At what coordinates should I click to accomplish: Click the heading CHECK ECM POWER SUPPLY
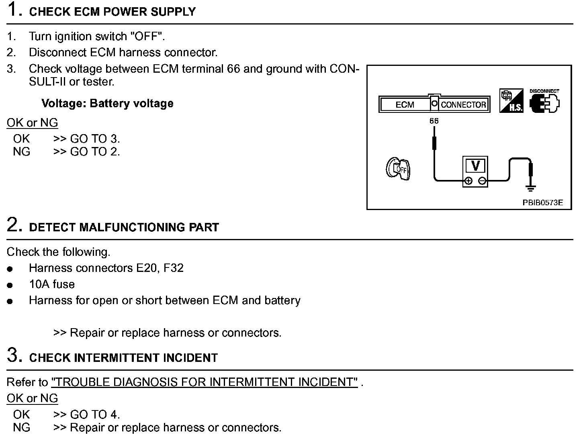tap(112, 12)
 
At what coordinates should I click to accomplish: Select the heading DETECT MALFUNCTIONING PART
tap(124, 227)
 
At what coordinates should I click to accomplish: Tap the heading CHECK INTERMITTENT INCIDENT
tap(123, 358)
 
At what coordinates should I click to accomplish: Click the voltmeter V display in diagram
tap(475, 166)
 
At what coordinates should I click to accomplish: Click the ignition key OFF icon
tap(398, 169)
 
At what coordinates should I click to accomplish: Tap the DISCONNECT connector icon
tap(544, 102)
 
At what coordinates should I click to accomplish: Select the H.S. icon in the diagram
tap(511, 101)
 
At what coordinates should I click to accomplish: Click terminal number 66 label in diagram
tap(434, 121)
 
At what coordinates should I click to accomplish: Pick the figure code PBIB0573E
tap(542, 203)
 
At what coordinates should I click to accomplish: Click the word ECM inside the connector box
tap(405, 105)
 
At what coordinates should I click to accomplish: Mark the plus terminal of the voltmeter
tap(468, 181)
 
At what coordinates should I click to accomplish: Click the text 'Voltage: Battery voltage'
tap(107, 104)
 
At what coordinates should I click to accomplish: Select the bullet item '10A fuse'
tap(52, 284)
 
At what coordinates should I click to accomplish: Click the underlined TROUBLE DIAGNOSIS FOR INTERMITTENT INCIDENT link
tap(204, 382)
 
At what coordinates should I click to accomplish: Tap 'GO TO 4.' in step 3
tap(95, 414)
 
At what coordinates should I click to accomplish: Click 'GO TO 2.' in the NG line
tap(95, 152)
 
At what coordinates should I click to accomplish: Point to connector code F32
tap(174, 268)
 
